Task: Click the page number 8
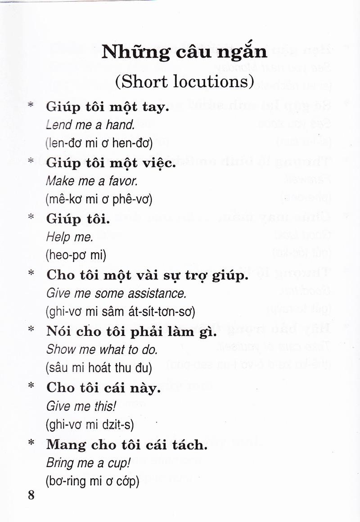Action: tap(31, 495)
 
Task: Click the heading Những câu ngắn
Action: tap(184, 52)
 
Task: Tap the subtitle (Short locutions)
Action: tap(184, 81)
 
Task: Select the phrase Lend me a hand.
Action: tap(90, 125)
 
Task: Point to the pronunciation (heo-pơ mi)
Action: tap(76, 255)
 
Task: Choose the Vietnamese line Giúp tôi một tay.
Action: tap(108, 108)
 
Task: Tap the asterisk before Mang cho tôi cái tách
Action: tap(31, 443)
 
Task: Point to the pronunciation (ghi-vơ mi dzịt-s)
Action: tap(90, 424)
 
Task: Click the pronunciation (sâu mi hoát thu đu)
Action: tap(99, 368)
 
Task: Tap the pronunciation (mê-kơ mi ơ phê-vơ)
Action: tap(99, 200)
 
